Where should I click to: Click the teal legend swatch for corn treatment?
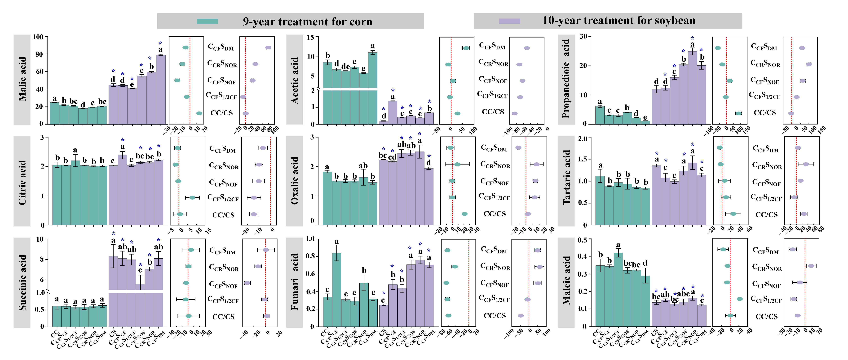tap(207, 21)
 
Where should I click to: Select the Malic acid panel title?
tap(22, 79)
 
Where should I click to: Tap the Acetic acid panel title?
tap(295, 80)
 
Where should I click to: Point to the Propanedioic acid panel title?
tap(566, 79)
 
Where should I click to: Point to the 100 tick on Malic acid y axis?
tap(38, 37)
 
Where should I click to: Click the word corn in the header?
tap(360, 22)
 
